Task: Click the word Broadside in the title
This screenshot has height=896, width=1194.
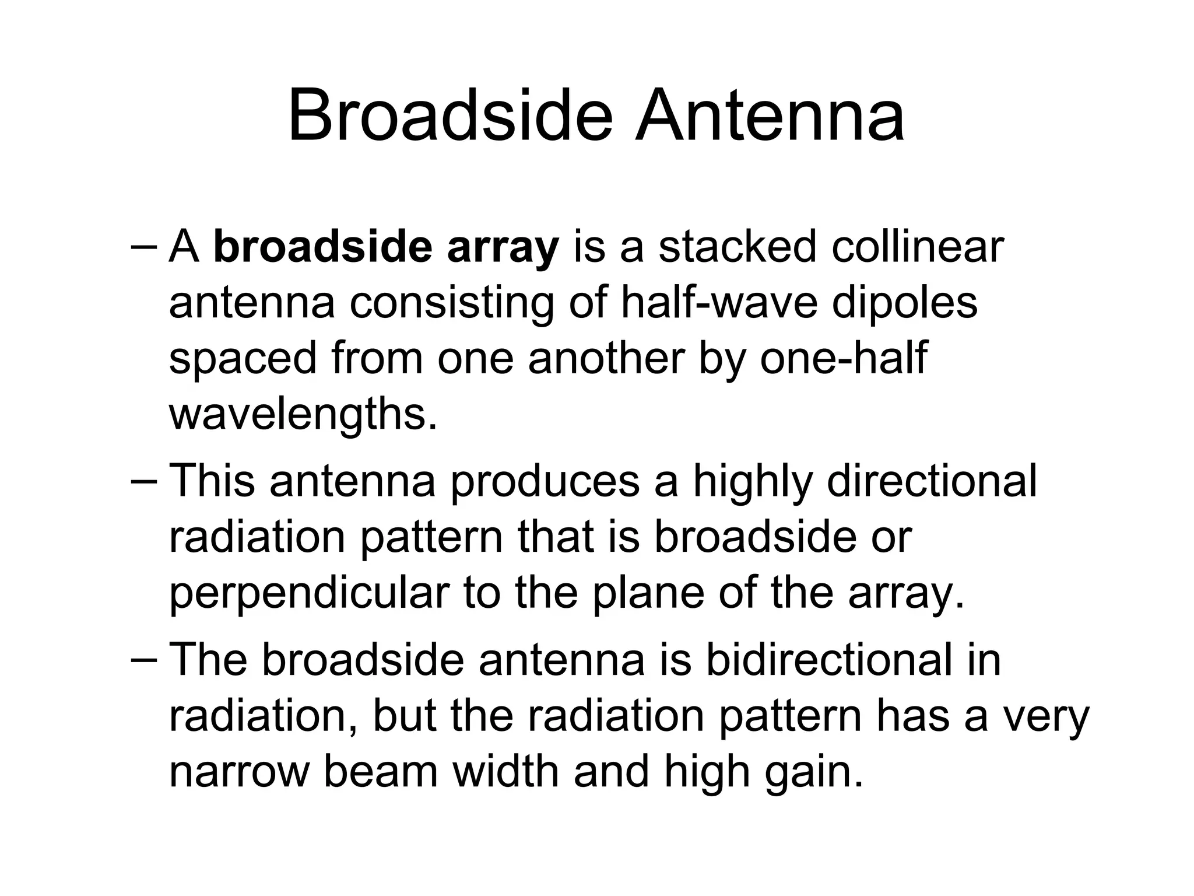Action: [450, 116]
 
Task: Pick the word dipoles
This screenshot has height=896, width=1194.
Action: [904, 303]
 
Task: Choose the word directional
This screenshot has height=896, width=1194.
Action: [932, 481]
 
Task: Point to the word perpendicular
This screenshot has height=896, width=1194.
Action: [309, 594]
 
